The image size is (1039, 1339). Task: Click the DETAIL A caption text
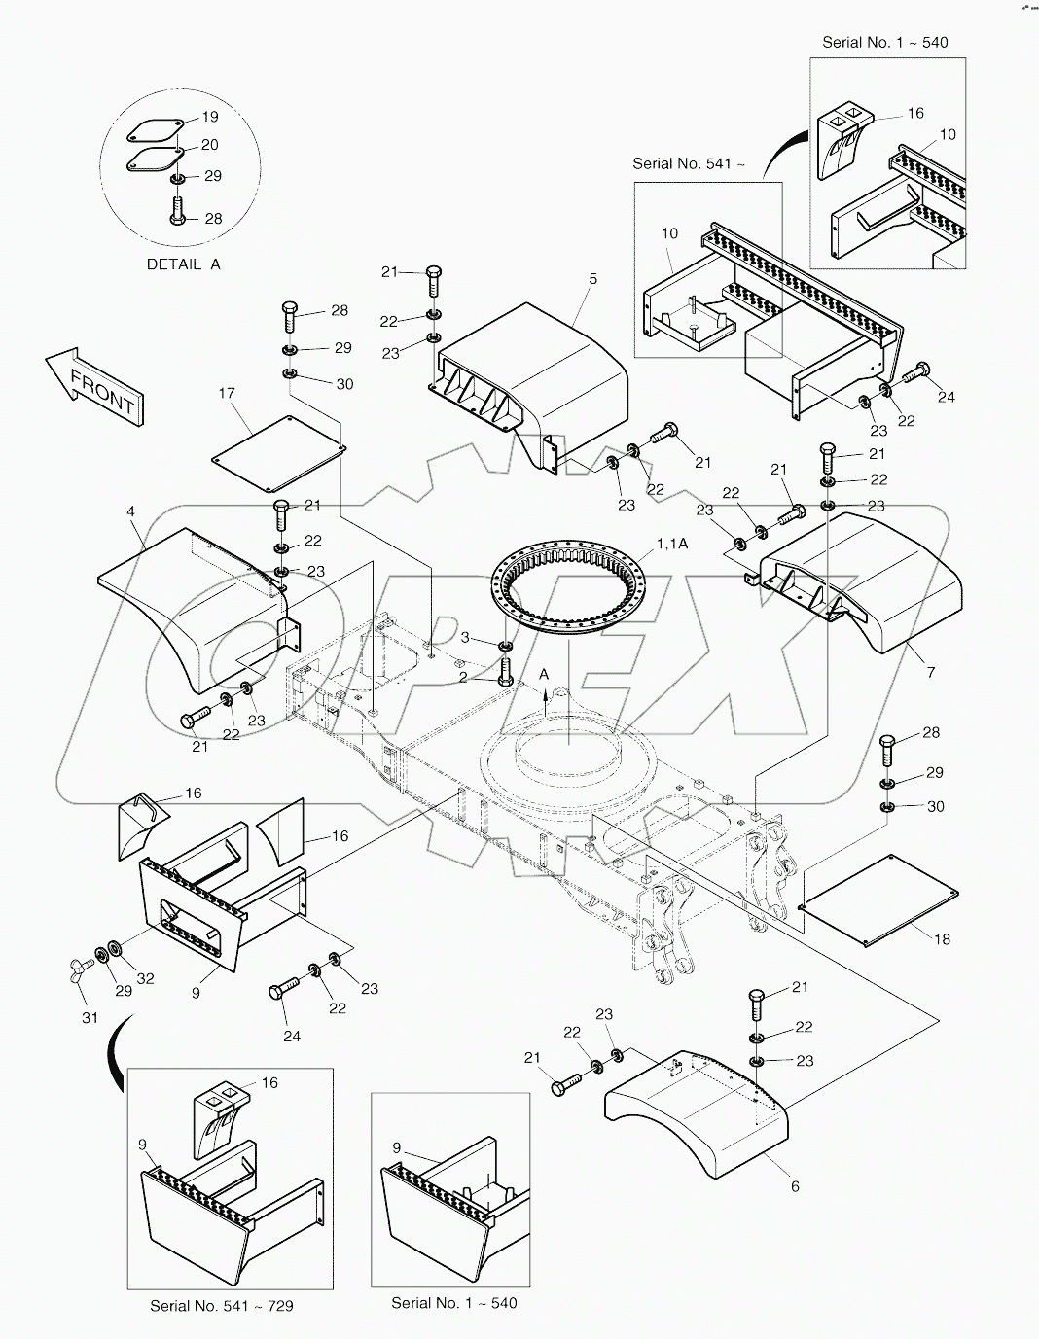183,264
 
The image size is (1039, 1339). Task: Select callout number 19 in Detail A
210,117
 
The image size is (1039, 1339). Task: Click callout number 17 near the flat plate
226,394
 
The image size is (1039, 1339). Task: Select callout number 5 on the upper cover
592,279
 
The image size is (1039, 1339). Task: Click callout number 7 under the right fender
930,672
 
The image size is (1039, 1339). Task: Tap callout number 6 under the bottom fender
795,1186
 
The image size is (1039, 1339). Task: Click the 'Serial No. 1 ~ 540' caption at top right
884,43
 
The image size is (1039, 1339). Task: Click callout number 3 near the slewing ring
464,637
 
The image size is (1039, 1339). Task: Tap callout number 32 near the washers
145,979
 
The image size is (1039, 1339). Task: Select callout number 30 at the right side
934,806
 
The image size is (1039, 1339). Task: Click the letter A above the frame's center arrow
544,674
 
